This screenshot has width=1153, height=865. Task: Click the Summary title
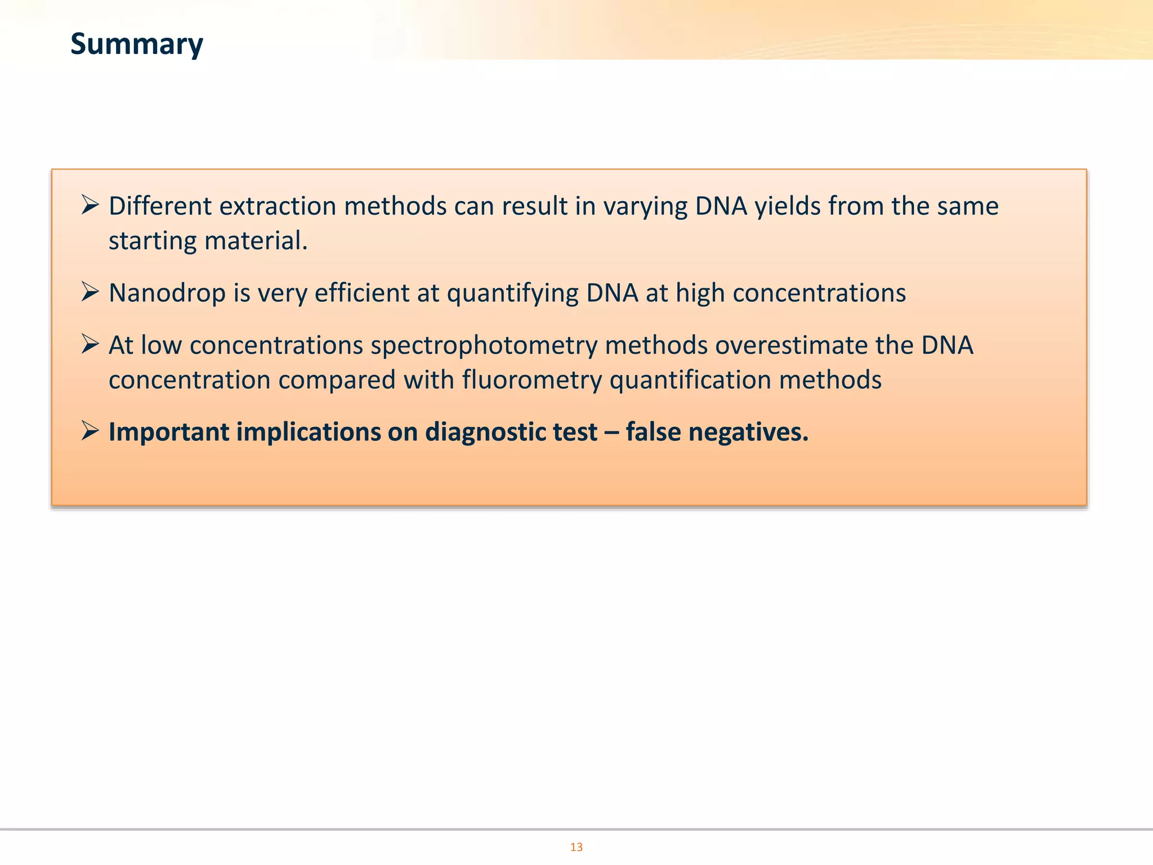(x=136, y=44)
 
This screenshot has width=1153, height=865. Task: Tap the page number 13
(x=576, y=847)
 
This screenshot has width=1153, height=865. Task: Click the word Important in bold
(x=169, y=432)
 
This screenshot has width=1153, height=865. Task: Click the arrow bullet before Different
(x=90, y=204)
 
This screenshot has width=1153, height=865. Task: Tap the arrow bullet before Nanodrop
(x=90, y=292)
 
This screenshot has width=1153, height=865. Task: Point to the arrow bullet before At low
(x=90, y=344)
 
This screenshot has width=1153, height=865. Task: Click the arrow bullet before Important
(x=90, y=431)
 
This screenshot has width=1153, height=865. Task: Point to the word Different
(x=160, y=206)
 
